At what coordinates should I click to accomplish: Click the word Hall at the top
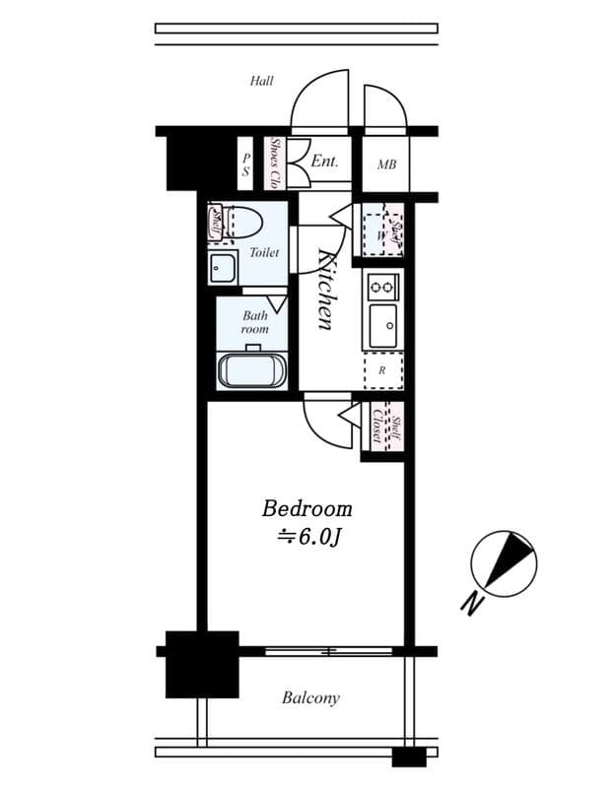pos(261,82)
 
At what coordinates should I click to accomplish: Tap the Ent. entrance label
pos(324,162)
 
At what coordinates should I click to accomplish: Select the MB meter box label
pos(386,164)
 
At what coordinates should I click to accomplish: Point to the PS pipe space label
pos(246,164)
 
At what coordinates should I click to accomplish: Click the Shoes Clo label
pos(277,164)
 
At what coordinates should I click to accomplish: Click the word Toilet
pos(263,253)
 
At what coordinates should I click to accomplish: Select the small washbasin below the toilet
pos(223,267)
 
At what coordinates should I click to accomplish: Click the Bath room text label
pos(255,322)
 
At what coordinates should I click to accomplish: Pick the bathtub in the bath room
pos(251,371)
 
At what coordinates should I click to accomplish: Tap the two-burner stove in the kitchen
pos(381,288)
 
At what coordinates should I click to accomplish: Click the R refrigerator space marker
pos(382,371)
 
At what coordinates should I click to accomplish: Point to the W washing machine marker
pos(377,234)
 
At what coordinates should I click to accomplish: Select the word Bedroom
pos(306,509)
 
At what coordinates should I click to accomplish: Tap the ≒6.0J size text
pos(308,537)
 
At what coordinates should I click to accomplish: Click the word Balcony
pos(310,698)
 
